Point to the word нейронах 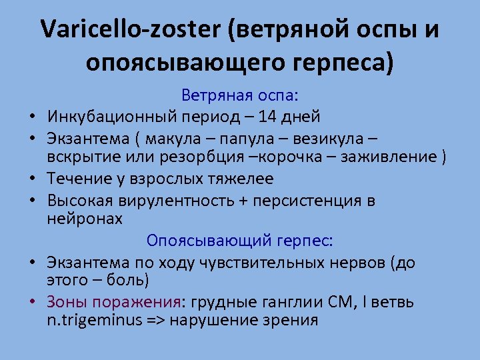click(85, 219)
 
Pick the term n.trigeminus click(93, 320)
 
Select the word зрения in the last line click(294, 321)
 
